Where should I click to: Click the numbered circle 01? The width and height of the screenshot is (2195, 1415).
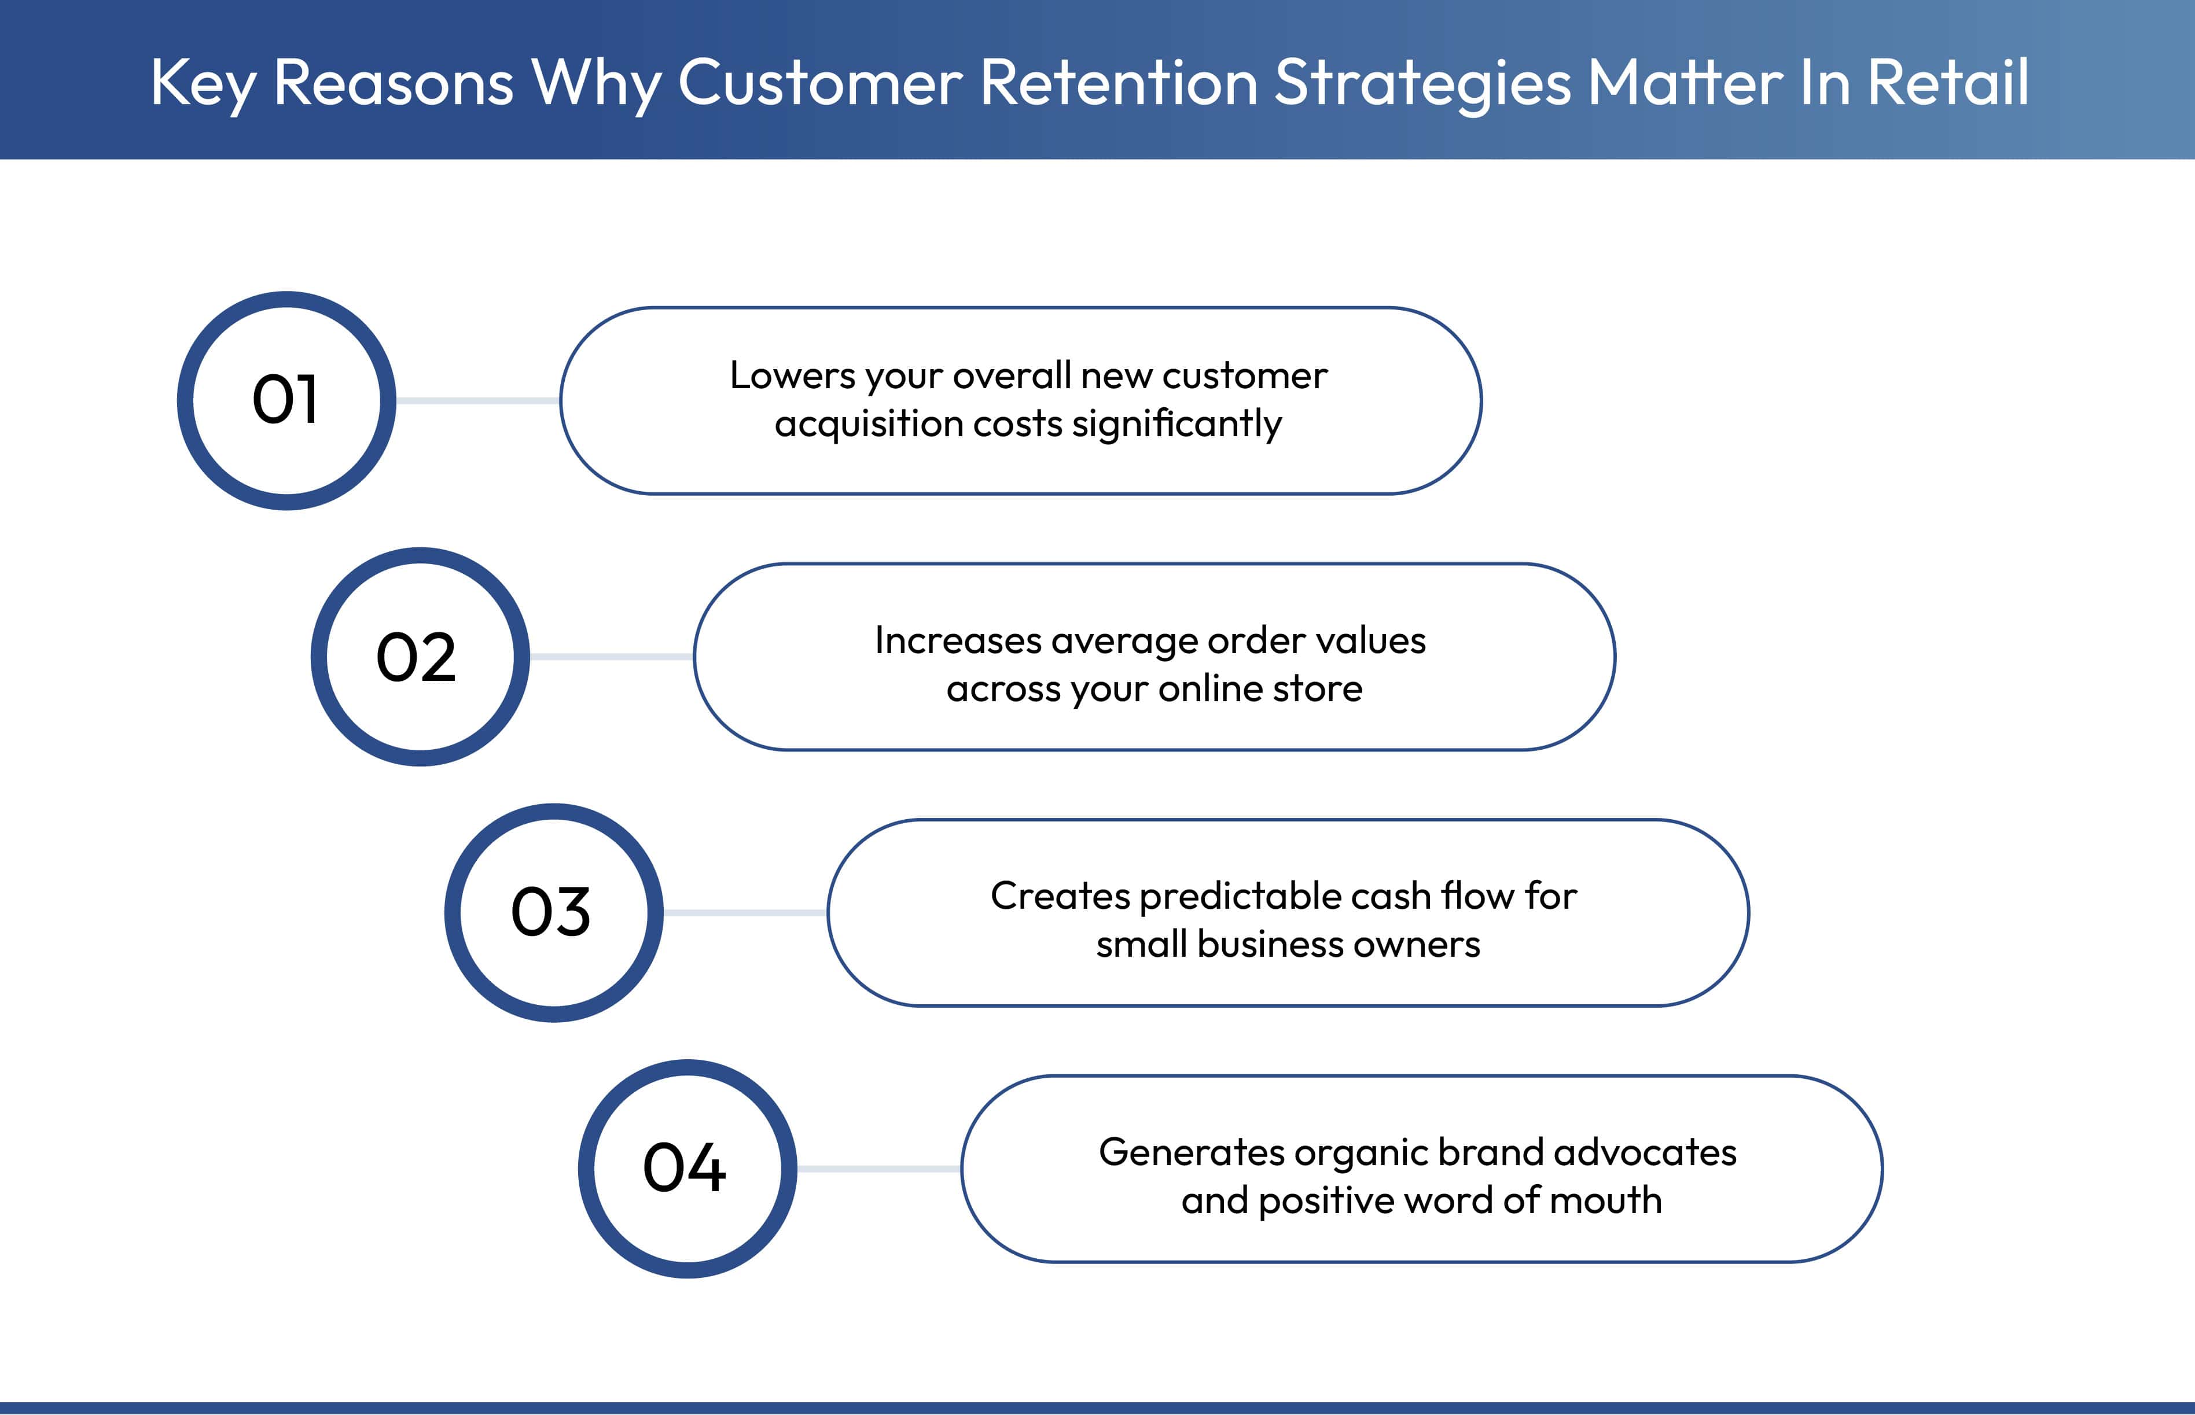(x=287, y=401)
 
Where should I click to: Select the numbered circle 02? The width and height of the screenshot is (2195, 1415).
(x=420, y=657)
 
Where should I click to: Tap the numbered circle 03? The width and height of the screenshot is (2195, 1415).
(x=553, y=912)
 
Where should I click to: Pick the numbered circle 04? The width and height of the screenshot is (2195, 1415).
(x=687, y=1169)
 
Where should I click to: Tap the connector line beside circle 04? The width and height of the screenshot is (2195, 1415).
(x=878, y=1169)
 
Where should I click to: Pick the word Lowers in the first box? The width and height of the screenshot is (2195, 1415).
(x=792, y=376)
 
